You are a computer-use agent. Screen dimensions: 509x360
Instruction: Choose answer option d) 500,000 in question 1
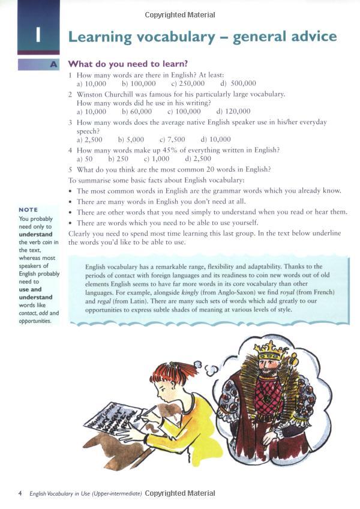238,83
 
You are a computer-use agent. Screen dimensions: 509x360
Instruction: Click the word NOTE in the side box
28,209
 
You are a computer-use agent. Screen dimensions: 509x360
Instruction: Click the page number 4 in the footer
20,493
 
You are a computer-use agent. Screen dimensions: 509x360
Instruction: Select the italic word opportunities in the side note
34,321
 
